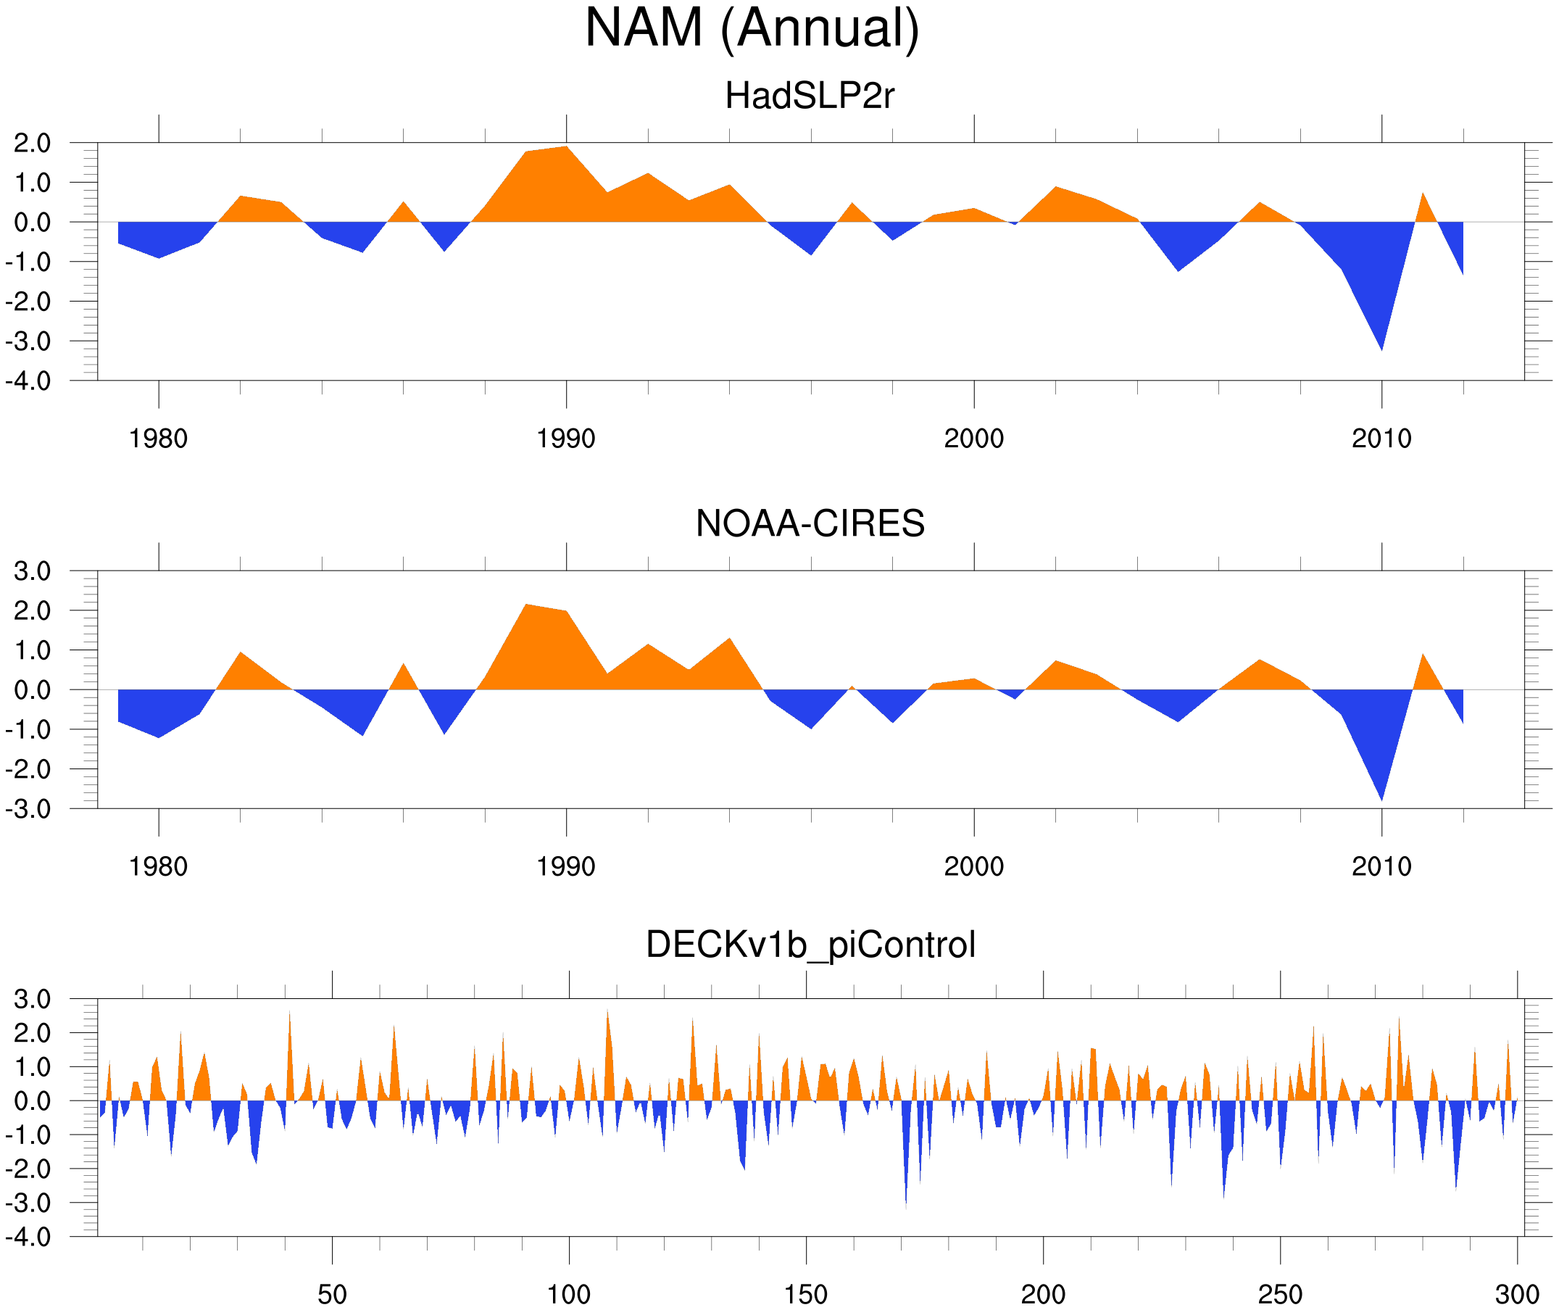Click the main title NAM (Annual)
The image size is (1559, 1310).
click(752, 28)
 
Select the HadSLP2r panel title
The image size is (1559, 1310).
click(809, 96)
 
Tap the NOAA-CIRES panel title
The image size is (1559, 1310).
click(810, 523)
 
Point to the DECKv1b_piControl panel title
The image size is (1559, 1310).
click(810, 945)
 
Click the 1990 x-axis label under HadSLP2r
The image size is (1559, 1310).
click(566, 439)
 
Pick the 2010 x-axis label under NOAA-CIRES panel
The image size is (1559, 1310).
click(1381, 866)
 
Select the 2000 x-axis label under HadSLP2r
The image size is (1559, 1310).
click(973, 439)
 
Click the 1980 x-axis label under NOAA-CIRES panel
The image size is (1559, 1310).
click(158, 866)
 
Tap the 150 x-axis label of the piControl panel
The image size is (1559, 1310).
click(805, 1294)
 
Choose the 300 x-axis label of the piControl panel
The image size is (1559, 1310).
click(1517, 1294)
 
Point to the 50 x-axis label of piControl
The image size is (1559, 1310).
click(332, 1294)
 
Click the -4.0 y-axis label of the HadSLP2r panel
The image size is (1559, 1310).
click(28, 381)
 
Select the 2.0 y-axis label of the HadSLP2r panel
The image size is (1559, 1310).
click(32, 143)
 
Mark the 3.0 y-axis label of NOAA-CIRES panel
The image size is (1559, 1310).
click(32, 571)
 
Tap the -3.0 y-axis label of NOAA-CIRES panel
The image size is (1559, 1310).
click(28, 809)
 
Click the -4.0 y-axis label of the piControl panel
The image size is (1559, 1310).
click(28, 1238)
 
